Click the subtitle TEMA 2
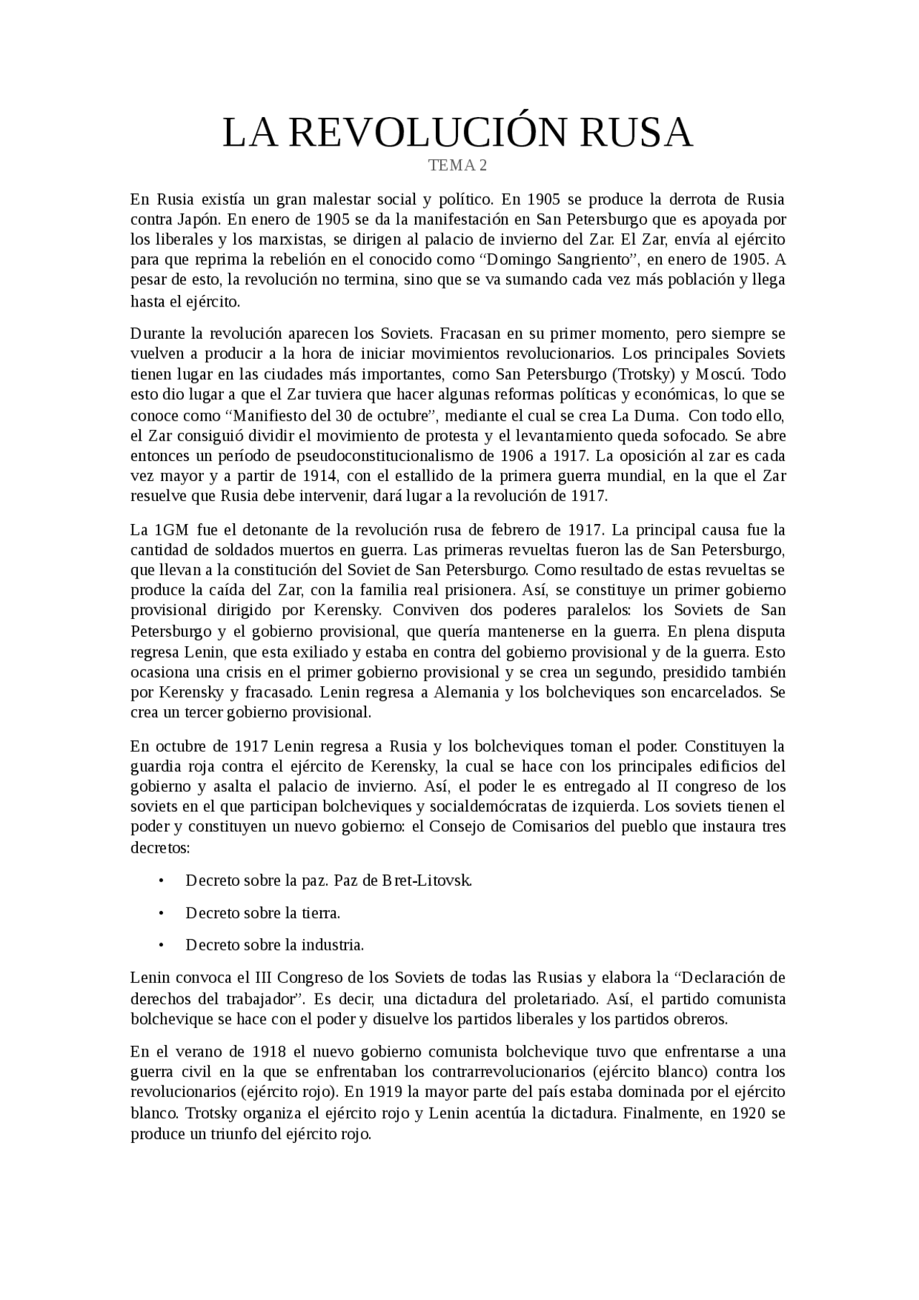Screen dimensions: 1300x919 coord(457,166)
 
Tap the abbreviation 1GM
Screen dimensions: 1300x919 coord(172,530)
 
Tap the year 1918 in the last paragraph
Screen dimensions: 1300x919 coord(269,1052)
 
